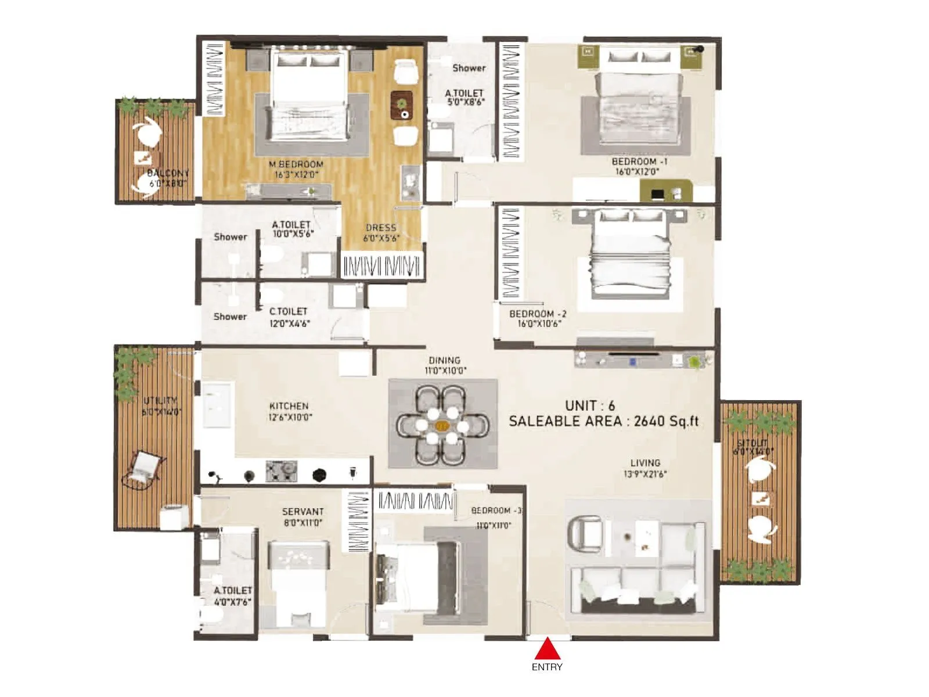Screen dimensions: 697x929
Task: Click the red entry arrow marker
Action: pos(547,649)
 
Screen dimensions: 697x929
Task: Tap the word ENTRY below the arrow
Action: pos(547,667)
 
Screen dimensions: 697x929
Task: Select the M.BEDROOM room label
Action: pos(296,164)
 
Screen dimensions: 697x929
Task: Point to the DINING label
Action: pos(445,360)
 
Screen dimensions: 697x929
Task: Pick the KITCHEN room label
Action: pos(289,406)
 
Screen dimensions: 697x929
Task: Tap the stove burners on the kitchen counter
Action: pos(282,471)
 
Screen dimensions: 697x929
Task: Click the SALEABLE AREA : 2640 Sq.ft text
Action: pos(604,422)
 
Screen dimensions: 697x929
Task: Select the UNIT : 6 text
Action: pos(590,405)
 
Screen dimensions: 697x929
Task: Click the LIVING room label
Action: pos(645,463)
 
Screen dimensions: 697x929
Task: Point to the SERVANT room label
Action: pos(303,512)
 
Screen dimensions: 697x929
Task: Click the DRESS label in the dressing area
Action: pos(381,228)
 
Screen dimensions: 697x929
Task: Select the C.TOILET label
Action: pos(289,311)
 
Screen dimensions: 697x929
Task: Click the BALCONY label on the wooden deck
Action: pos(168,173)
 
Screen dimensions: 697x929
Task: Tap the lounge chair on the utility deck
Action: pos(142,468)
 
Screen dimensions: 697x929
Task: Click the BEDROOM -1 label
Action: pos(640,161)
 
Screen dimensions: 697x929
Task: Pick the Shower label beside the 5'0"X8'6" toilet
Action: pos(469,68)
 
